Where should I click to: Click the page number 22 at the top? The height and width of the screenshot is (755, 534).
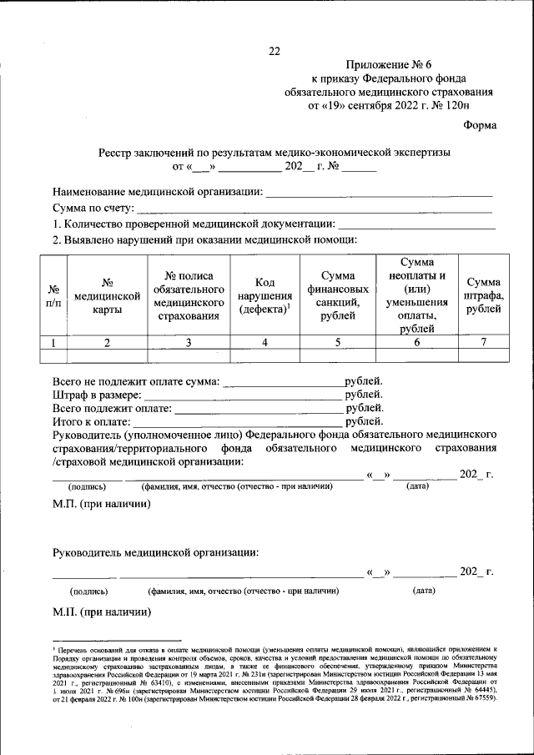[274, 51]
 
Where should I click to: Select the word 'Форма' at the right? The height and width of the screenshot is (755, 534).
[479, 126]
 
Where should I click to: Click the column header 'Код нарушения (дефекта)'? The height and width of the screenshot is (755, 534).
[264, 295]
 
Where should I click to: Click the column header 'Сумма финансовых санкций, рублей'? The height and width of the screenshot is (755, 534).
[337, 295]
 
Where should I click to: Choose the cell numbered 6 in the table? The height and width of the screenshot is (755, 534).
[416, 341]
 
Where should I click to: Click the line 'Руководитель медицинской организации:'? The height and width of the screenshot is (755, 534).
[155, 552]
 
